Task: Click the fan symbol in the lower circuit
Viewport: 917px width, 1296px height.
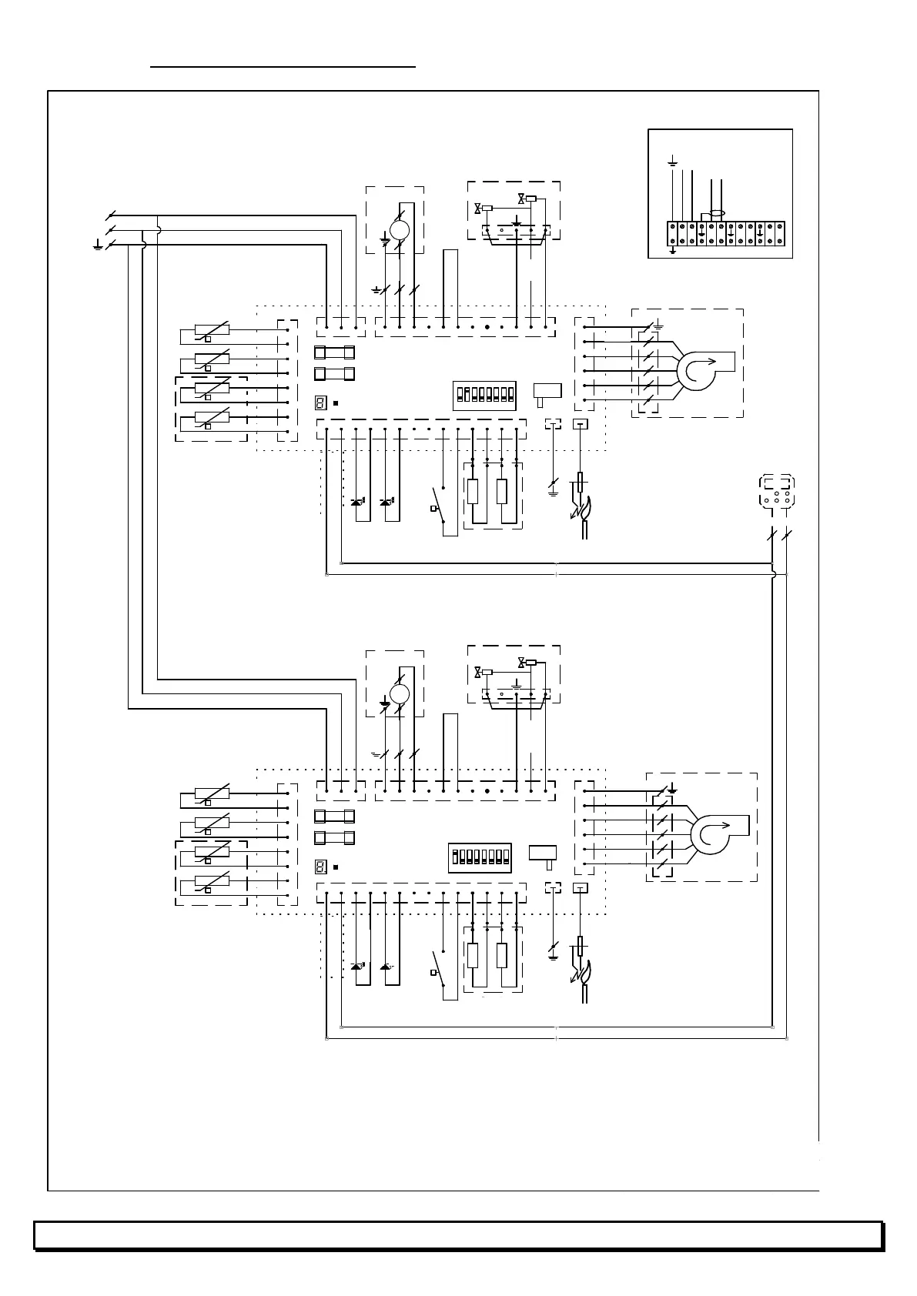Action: [x=711, y=834]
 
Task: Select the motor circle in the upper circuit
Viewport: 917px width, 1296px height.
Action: [x=400, y=229]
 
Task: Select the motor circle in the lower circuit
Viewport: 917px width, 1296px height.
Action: [x=399, y=693]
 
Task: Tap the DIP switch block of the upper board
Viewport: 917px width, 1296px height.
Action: [x=484, y=396]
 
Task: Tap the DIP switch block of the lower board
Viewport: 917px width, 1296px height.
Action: [x=479, y=857]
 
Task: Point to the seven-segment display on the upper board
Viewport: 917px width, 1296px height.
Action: [x=321, y=403]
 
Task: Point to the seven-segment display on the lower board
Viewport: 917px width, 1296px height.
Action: [x=321, y=867]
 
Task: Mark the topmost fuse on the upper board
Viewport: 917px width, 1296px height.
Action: [x=335, y=353]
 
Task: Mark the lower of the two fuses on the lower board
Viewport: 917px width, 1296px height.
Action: [x=335, y=837]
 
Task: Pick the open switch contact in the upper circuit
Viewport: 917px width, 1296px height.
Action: [x=440, y=504]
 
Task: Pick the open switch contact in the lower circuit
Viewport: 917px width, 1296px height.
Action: [x=440, y=967]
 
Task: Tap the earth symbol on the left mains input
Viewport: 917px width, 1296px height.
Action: [x=98, y=246]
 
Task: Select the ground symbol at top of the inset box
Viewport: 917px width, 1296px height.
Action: [x=672, y=162]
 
